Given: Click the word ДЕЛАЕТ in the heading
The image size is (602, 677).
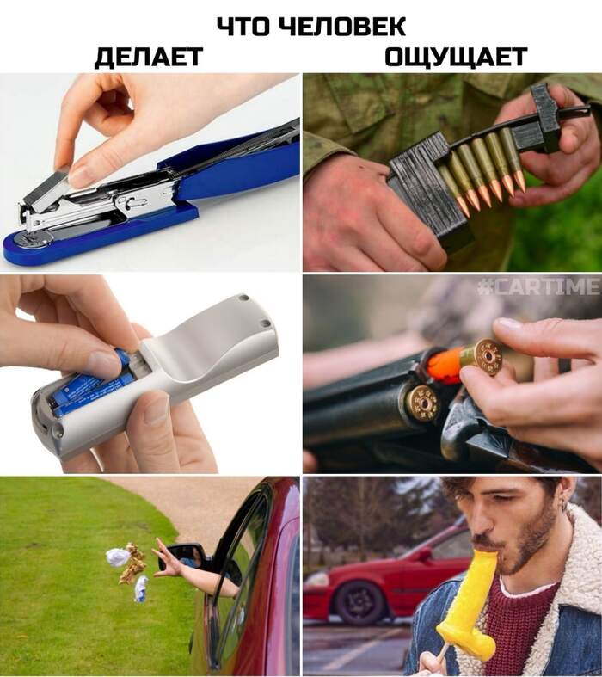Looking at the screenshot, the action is (149, 57).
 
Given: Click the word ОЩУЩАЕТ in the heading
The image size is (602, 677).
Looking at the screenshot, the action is (456, 57).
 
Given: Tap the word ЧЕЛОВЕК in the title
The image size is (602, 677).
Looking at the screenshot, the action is (341, 27).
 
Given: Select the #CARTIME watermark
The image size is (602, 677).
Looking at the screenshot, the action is (539, 286).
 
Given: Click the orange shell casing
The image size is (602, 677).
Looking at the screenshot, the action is (446, 367).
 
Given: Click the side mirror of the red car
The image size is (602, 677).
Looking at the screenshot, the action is (183, 557).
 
